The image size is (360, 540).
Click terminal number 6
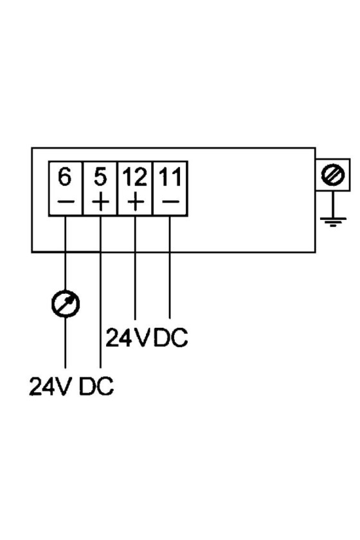[x=65, y=177]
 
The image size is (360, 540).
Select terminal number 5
[x=100, y=177]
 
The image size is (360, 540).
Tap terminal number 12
[x=135, y=177]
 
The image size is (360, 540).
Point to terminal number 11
[x=170, y=177]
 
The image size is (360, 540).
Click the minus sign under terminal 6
[x=65, y=201]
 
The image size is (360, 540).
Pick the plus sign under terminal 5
[x=100, y=201]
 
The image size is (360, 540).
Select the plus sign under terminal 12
[x=136, y=201]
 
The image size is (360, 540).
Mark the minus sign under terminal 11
[x=170, y=201]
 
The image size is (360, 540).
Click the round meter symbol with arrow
[x=66, y=303]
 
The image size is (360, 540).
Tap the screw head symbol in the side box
[x=332, y=174]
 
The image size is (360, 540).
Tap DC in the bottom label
[x=96, y=386]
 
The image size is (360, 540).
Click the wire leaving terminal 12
[x=135, y=267]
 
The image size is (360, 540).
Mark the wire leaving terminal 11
[x=170, y=267]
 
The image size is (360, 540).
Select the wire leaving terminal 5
[x=100, y=292]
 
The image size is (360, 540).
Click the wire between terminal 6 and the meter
[x=66, y=253]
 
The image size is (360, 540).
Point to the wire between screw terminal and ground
[x=333, y=204]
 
